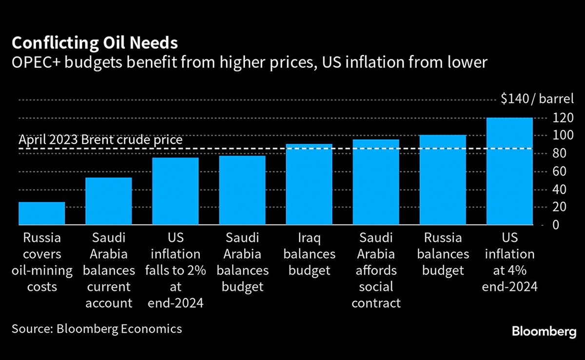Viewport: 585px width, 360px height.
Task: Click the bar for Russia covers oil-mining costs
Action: click(x=41, y=214)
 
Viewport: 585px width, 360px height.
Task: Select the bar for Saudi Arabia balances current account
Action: click(x=108, y=201)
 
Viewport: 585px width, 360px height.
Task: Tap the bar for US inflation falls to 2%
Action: click(x=175, y=191)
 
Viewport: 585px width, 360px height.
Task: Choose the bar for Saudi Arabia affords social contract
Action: click(x=376, y=182)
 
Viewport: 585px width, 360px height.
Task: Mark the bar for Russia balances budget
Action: click(x=443, y=180)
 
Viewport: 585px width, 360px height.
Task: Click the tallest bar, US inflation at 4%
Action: click(x=509, y=171)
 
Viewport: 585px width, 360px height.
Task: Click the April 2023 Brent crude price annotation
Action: click(x=100, y=140)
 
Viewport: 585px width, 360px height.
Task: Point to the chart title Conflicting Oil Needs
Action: click(x=95, y=43)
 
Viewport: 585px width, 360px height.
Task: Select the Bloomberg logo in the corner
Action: click(x=544, y=332)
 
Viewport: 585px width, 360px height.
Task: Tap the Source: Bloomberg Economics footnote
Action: click(x=97, y=329)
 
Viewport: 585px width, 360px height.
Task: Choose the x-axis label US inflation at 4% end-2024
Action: click(x=510, y=262)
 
